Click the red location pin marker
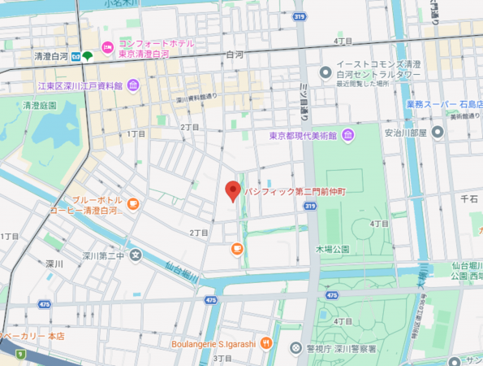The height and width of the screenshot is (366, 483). pos(232,190)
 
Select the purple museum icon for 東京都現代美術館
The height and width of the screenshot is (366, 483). pos(347,135)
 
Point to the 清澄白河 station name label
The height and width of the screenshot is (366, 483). pos(50,57)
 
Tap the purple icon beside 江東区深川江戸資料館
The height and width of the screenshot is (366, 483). pos(132,85)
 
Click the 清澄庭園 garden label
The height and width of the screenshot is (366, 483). pos(39,106)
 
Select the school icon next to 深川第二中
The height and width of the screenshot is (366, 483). pos(136,256)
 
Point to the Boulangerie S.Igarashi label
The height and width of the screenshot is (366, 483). pos(213,344)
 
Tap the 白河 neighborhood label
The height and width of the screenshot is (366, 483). pos(235,55)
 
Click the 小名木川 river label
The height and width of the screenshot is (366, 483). pos(121,4)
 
